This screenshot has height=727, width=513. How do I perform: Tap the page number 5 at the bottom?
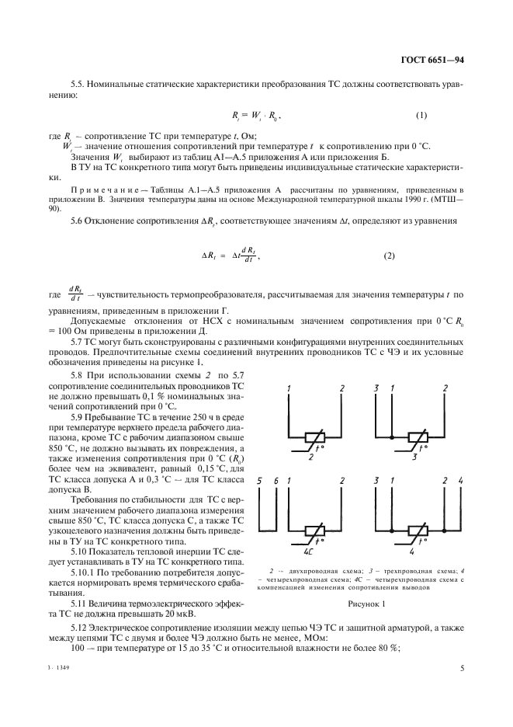coord(462,666)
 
